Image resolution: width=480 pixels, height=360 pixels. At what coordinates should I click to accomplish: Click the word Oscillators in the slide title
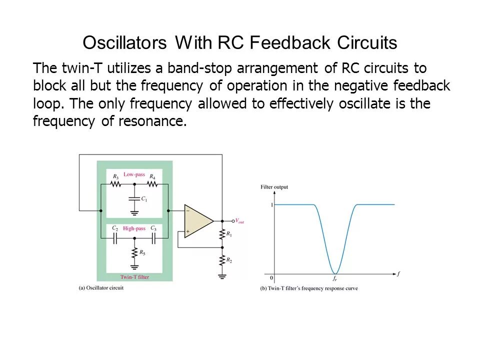(124, 43)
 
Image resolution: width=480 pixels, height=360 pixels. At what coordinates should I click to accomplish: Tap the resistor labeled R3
(115, 184)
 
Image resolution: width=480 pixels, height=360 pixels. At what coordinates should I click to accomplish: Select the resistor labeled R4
(152, 184)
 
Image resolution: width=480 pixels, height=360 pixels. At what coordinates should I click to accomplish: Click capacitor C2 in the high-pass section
(115, 238)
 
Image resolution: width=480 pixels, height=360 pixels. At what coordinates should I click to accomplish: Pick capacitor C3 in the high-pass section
(154, 238)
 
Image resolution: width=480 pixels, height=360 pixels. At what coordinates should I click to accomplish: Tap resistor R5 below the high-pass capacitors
(134, 253)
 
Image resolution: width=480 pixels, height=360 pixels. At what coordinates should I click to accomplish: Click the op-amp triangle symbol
(197, 221)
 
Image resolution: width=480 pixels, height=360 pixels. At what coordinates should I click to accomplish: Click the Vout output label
(239, 220)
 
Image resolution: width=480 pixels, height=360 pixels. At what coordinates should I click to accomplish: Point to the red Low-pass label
(134, 174)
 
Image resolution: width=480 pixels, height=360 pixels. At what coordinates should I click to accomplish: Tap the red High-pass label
(134, 228)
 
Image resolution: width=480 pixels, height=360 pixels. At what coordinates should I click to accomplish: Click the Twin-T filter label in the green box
(134, 276)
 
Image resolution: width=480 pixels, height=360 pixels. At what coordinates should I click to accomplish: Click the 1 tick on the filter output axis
(271, 205)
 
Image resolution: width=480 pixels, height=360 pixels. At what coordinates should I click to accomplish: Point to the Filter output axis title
(274, 187)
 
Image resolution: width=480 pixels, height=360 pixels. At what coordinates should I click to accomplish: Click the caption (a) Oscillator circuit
(101, 288)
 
